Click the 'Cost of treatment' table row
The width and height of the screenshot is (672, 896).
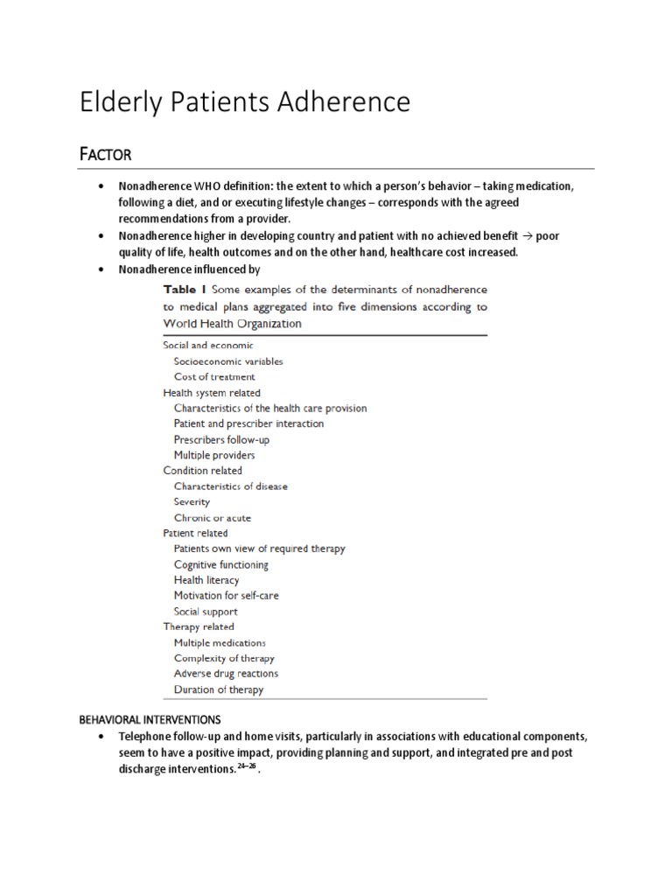click(x=214, y=377)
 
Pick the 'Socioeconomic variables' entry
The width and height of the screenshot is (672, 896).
click(x=227, y=360)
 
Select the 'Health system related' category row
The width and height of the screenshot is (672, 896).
click(x=212, y=393)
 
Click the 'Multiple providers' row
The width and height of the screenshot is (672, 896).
click(x=214, y=455)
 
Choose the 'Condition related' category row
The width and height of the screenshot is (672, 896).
click(x=203, y=471)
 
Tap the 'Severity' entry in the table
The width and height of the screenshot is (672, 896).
click(x=192, y=502)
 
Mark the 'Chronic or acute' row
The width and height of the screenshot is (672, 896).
click(x=212, y=518)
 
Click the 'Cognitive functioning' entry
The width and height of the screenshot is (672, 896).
click(x=226, y=564)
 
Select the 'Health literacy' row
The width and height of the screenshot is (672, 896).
click(x=206, y=580)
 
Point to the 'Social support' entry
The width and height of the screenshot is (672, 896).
click(x=205, y=612)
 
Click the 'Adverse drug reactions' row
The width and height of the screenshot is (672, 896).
click(x=226, y=674)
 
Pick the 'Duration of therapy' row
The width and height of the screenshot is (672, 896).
click(x=219, y=689)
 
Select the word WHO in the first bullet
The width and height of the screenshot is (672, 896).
click(x=204, y=188)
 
